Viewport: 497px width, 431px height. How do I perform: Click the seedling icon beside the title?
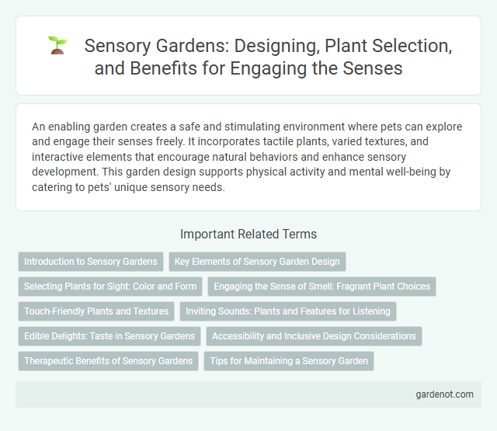pos(57,44)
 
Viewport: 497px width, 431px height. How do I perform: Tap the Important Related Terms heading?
pos(248,234)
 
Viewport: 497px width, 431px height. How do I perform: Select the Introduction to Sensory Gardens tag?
pos(91,262)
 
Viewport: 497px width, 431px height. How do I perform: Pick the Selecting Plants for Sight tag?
pos(110,287)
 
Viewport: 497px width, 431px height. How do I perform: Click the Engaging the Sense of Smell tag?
pos(321,287)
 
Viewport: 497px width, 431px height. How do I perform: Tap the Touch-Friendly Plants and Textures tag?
pos(96,311)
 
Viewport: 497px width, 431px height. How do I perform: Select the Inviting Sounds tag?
pos(289,311)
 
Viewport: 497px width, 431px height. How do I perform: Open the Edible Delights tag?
pos(109,336)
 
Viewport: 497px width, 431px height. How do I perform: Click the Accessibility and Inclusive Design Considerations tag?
pos(314,336)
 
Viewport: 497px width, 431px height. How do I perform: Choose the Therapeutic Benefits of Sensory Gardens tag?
pos(108,361)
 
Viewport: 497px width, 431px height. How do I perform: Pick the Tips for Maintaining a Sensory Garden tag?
pos(289,361)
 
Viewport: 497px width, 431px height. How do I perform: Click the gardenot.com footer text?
pos(443,395)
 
